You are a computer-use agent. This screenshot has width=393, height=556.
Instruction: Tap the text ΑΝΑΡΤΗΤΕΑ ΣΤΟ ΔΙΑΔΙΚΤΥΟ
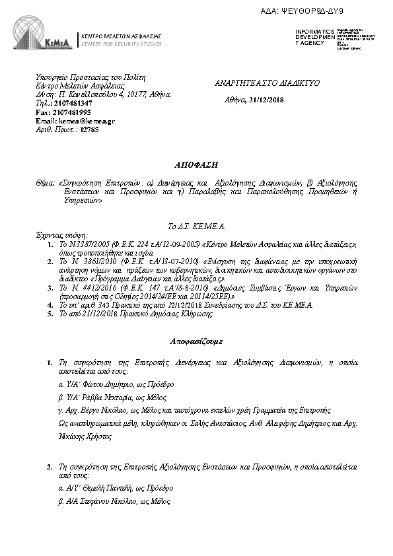tap(268, 85)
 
